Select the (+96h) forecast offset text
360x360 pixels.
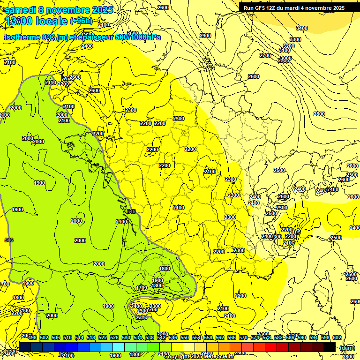coord(81,21)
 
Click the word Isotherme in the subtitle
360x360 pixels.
coord(22,37)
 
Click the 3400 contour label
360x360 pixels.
coord(302,28)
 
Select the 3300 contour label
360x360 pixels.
coord(295,39)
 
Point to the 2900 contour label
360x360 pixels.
coord(205,36)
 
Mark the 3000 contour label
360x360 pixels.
coord(285,59)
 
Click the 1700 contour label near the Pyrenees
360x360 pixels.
coord(142,288)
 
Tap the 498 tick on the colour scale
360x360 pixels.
coord(32,337)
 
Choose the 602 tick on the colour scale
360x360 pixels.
coord(337,337)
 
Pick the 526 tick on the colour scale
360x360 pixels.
coord(114,337)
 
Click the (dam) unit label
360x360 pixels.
coord(347,347)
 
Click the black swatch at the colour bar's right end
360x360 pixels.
coord(330,347)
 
